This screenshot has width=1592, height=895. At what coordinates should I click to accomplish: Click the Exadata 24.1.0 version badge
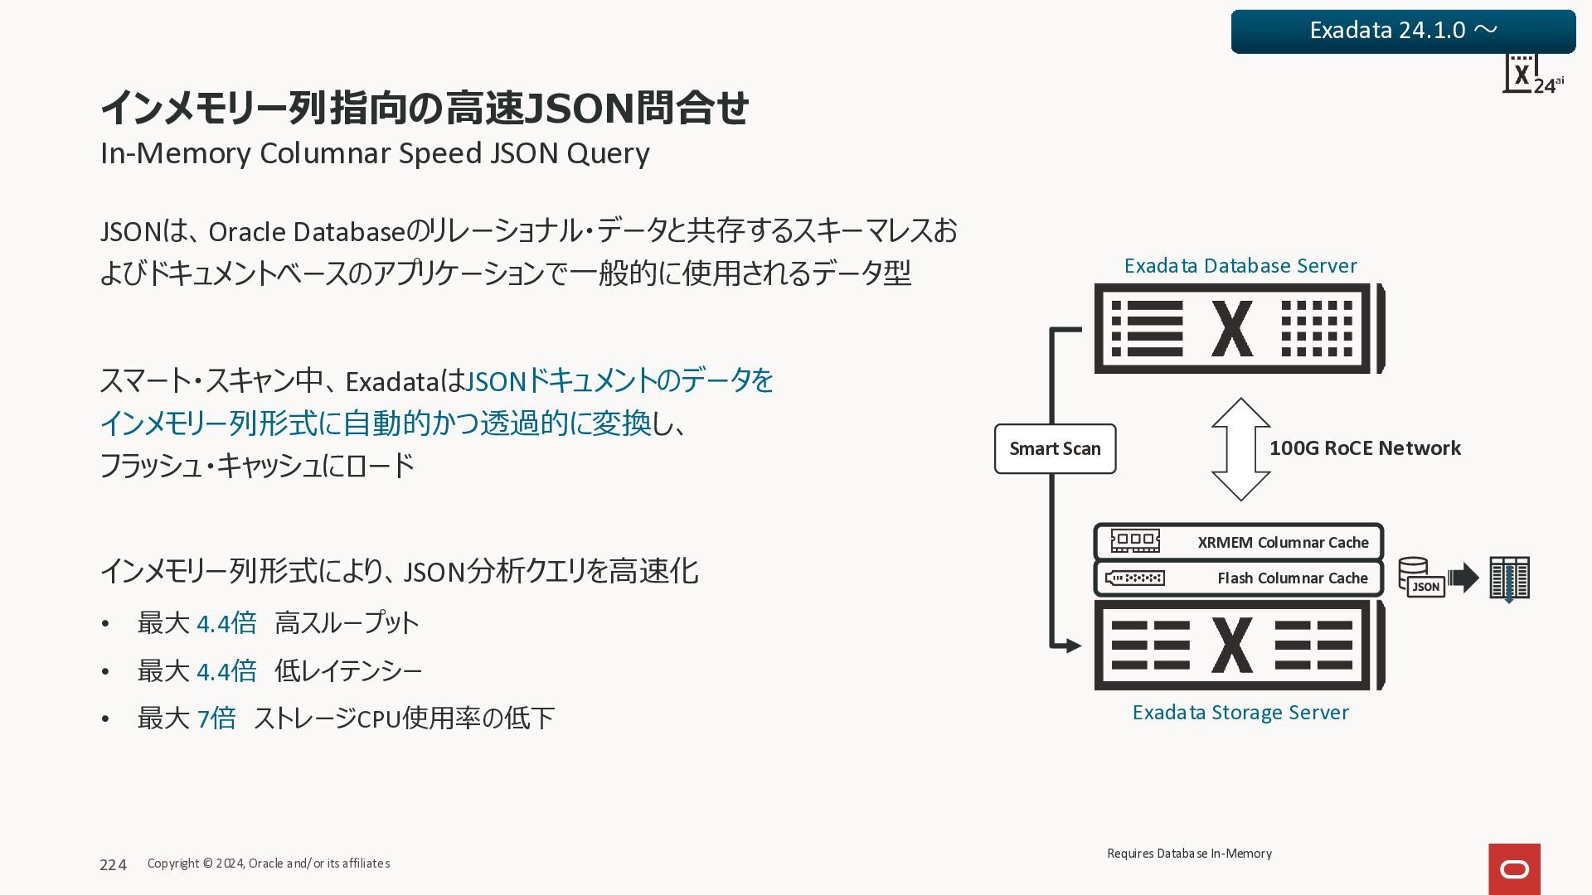[x=1403, y=31]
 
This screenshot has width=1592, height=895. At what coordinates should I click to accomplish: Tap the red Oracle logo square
[x=1514, y=868]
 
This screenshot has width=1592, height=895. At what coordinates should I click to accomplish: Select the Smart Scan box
[x=1055, y=448]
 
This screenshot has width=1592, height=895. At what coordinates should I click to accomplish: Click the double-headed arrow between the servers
[x=1240, y=449]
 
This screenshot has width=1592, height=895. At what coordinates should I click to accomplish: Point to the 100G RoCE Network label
[x=1365, y=448]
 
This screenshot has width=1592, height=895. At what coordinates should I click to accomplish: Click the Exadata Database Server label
[x=1240, y=266]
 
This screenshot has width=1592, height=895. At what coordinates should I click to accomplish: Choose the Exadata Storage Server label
[x=1240, y=713]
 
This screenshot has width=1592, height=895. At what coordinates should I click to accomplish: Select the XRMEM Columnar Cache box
[x=1239, y=542]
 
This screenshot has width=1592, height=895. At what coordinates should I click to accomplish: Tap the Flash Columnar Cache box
[x=1239, y=578]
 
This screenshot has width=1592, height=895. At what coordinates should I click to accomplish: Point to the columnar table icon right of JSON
[x=1509, y=578]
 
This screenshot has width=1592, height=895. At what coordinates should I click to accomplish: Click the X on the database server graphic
[x=1232, y=329]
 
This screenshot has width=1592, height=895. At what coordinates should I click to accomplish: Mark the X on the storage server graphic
[x=1232, y=645]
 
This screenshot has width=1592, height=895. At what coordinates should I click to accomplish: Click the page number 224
[x=114, y=865]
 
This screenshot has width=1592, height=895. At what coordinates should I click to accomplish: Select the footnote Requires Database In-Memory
[x=1189, y=854]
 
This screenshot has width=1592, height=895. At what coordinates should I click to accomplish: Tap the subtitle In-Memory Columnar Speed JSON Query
[x=375, y=153]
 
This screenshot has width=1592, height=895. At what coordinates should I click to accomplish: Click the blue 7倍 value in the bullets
[x=216, y=718]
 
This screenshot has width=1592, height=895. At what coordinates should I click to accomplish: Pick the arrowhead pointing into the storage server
[x=1073, y=646]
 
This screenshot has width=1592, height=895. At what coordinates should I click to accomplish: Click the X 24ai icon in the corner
[x=1531, y=75]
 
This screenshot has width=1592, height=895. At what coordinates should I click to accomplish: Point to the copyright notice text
[x=269, y=864]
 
